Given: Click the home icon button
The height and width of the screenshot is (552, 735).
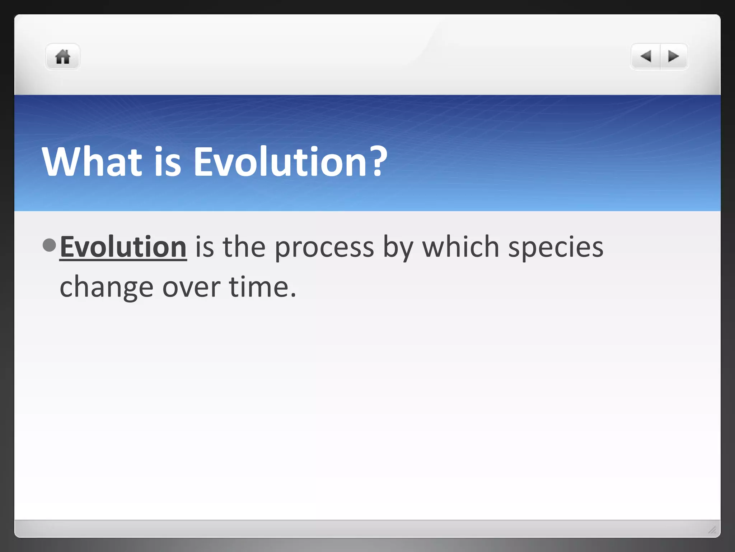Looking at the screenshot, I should click(62, 57).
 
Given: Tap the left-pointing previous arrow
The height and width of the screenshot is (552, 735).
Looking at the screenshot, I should click(646, 56).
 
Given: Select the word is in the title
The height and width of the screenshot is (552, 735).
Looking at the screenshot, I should click(168, 162).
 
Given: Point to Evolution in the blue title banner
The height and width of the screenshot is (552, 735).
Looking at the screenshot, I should click(280, 162).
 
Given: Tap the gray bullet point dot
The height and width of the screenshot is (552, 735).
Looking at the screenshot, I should click(49, 245).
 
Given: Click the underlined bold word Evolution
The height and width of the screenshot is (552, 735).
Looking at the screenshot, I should click(123, 247).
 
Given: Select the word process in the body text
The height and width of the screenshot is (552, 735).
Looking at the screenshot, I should click(324, 248).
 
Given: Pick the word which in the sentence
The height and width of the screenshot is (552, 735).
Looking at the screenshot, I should click(461, 247).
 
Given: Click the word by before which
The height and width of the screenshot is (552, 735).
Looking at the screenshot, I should click(398, 248).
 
